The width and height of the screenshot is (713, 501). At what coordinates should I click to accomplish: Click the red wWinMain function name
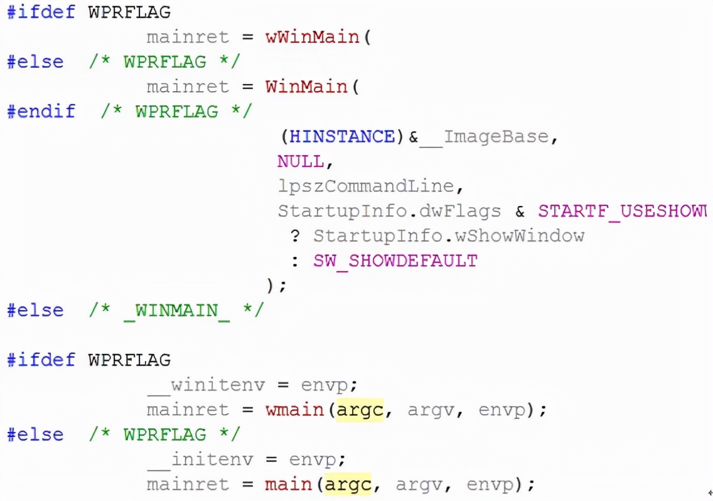tap(312, 37)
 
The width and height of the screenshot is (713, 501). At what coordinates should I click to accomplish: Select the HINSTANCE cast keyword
tap(343, 136)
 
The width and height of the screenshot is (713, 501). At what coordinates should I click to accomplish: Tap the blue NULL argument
tap(301, 161)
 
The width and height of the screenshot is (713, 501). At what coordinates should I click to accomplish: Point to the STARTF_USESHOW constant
tap(621, 211)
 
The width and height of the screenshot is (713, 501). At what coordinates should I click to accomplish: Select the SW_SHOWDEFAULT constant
tap(395, 261)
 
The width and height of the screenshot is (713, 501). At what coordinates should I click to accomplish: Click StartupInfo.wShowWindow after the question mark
tap(449, 236)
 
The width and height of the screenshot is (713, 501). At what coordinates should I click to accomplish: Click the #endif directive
tap(41, 112)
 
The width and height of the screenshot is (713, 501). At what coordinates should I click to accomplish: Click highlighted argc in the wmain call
tap(360, 410)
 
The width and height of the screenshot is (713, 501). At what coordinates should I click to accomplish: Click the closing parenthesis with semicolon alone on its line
tap(276, 286)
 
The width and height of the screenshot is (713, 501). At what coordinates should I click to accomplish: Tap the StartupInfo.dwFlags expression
tap(389, 211)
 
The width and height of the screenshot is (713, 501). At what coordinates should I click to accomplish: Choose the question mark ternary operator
tap(295, 236)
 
